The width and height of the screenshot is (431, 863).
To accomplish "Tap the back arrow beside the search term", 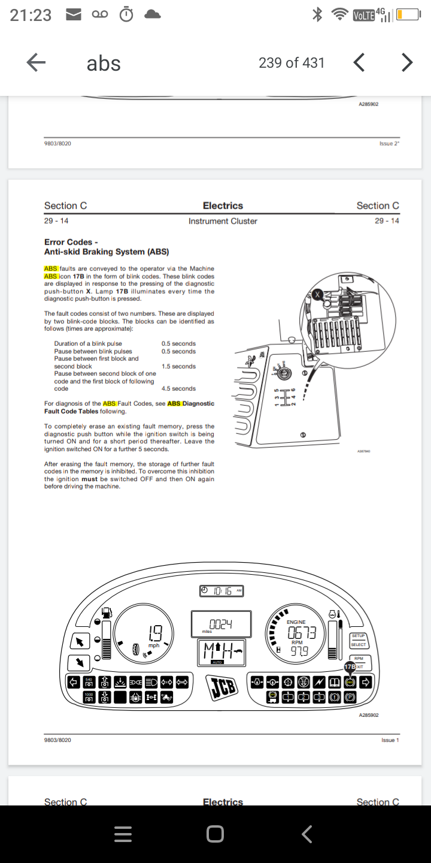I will point(37,62).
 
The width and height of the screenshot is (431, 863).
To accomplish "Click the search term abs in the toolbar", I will point(104,63).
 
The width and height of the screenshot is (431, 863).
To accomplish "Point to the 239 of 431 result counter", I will point(292,62).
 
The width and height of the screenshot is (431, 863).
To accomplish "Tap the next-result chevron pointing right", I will point(407,62).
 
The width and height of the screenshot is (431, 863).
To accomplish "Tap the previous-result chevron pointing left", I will point(359,62).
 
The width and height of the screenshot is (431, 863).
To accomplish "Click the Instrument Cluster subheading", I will point(223,221).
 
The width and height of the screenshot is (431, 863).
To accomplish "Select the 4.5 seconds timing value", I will point(178,388).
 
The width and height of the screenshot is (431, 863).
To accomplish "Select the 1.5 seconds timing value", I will point(178,366).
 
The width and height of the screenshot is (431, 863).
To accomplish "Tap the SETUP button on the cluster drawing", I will point(358,636).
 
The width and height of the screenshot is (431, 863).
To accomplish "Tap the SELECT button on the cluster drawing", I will point(358,645).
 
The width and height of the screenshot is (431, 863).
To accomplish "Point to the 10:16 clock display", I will point(221,591).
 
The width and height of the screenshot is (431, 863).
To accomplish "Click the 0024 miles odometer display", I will point(220,624).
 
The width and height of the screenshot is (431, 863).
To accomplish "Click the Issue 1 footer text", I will point(390,740).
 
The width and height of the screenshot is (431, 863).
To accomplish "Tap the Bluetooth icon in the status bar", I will point(318,15).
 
